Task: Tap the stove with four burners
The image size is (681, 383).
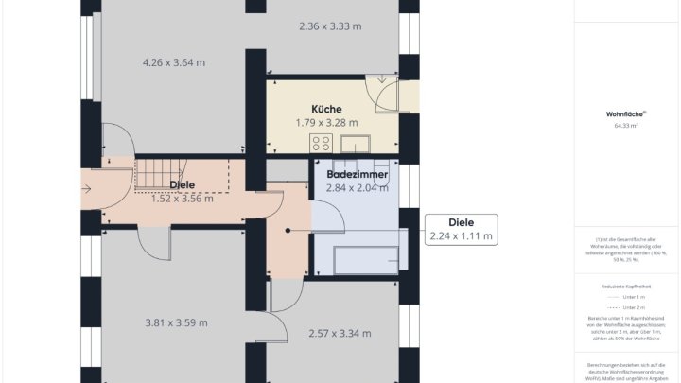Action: click(x=320, y=145)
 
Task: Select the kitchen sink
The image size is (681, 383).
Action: click(x=356, y=145)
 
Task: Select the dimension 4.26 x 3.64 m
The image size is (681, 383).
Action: click(x=174, y=62)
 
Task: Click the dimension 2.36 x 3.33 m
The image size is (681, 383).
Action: click(x=329, y=26)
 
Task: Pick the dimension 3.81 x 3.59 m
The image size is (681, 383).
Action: click(x=176, y=322)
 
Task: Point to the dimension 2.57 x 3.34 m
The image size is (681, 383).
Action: click(x=340, y=333)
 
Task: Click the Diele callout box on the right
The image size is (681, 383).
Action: click(x=460, y=230)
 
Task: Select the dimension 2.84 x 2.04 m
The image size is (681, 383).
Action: click(x=357, y=188)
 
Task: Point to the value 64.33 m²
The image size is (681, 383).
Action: click(x=625, y=125)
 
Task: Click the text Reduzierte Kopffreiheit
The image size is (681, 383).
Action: click(x=625, y=286)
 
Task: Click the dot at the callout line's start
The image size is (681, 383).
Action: click(x=288, y=230)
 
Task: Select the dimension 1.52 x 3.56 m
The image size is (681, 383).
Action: click(x=183, y=199)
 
